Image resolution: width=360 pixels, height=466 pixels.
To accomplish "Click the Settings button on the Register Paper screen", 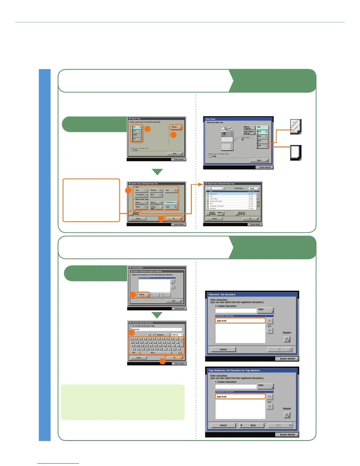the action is point(176,127).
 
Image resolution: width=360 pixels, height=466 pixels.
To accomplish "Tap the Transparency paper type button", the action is point(171,203).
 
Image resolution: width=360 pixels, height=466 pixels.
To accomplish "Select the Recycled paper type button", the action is point(156,191).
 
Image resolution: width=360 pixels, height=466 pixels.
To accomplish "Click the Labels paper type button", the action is point(171,207).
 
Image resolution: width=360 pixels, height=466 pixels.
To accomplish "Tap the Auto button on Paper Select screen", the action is point(262,128).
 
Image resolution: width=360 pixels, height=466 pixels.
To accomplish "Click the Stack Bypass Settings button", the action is point(249,132).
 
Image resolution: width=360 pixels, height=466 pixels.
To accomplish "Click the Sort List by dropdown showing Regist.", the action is point(254,188).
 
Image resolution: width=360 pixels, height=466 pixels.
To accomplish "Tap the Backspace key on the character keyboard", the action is point(162,335).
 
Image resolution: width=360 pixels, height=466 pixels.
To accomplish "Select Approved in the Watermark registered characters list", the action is point(240,321).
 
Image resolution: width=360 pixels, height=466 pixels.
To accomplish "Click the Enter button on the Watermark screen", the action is point(265,310).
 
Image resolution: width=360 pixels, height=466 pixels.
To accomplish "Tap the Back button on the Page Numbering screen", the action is point(252,425).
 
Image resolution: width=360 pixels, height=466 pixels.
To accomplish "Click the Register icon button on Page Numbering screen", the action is point(287,415).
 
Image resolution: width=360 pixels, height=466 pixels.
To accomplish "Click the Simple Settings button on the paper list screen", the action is point(213,213).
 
